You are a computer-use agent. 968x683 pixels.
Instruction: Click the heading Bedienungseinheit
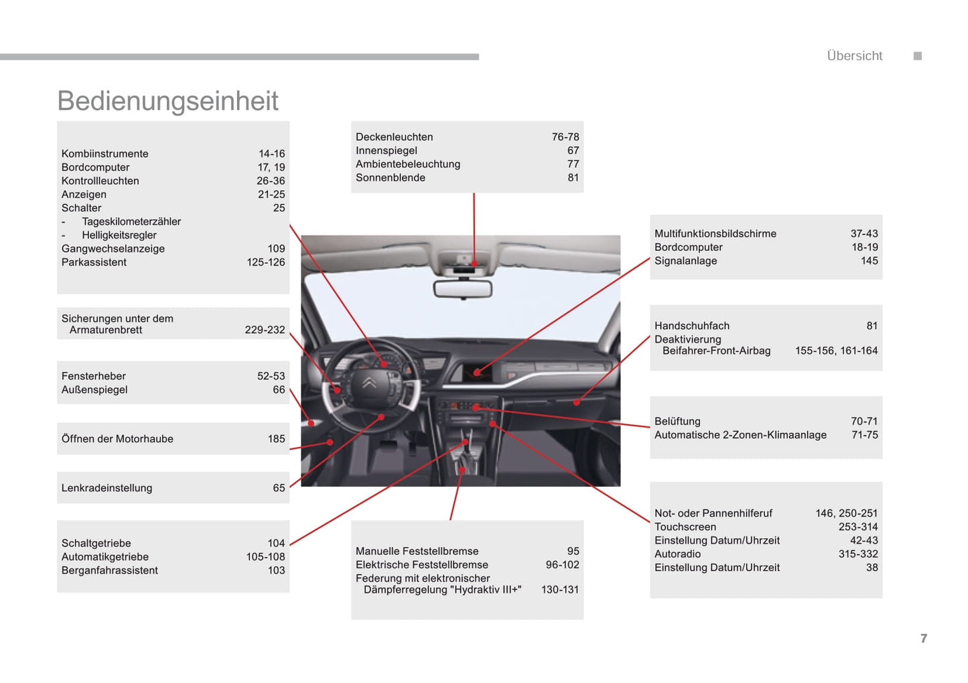tap(167, 101)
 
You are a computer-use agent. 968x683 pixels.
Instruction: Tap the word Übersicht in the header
tap(854, 56)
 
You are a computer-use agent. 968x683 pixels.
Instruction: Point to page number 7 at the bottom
tap(924, 639)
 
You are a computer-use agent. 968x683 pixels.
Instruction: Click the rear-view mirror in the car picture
tap(463, 289)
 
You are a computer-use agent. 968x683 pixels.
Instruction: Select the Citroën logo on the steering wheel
tap(369, 383)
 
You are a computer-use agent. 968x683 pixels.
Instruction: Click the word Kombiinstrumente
tap(105, 154)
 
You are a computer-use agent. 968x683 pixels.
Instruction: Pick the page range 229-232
tap(265, 330)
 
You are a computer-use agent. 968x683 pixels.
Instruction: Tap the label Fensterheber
tap(94, 377)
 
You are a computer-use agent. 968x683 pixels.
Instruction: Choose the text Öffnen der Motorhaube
tap(117, 439)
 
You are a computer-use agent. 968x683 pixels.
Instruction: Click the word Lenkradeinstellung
tap(107, 489)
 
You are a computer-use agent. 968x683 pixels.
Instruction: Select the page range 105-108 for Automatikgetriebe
tap(265, 557)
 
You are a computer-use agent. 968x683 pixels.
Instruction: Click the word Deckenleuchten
tap(394, 137)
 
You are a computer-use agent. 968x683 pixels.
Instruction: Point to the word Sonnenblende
tap(391, 178)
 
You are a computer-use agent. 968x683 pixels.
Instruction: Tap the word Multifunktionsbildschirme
tap(715, 234)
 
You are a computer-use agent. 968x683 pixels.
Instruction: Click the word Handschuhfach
tap(692, 326)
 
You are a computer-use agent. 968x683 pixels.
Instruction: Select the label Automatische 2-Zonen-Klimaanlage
tap(740, 435)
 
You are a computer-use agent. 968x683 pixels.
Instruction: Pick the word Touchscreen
tap(685, 527)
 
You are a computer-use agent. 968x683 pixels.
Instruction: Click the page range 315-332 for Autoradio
tap(858, 554)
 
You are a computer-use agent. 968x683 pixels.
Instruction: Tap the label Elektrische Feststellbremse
tap(422, 565)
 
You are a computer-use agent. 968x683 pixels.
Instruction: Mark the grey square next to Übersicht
tap(918, 56)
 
